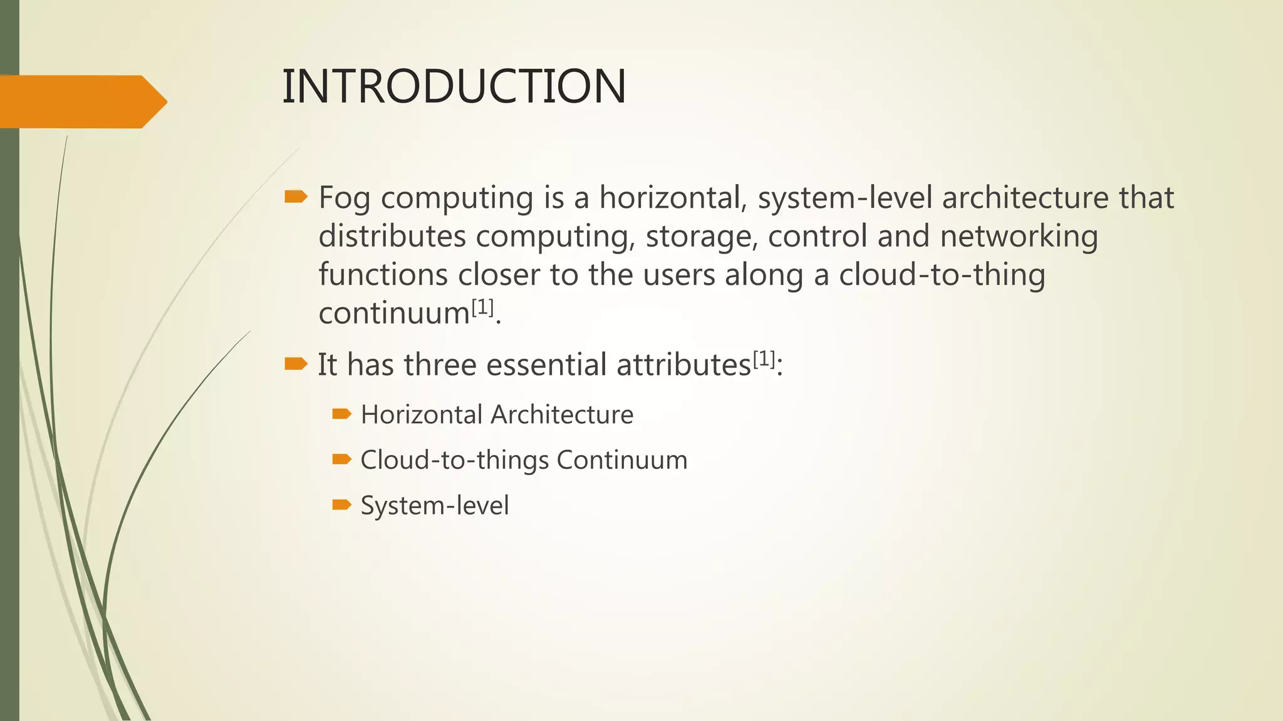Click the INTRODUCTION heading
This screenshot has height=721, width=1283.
(x=454, y=86)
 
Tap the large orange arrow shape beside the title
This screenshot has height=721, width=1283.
(x=81, y=101)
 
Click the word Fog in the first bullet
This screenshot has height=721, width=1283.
(x=344, y=198)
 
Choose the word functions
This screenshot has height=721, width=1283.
(x=383, y=275)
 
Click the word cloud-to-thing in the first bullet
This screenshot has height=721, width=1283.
(x=942, y=275)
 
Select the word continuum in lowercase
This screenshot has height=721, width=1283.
(x=394, y=314)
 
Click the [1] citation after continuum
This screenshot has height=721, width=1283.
(x=482, y=307)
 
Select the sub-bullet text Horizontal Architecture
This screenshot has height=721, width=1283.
(x=497, y=415)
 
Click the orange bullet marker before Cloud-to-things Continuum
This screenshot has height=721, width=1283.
(x=341, y=459)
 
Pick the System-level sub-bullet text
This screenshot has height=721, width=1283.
(x=435, y=506)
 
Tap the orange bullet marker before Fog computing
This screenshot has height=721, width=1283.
(x=296, y=198)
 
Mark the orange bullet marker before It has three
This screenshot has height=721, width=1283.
(x=296, y=364)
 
